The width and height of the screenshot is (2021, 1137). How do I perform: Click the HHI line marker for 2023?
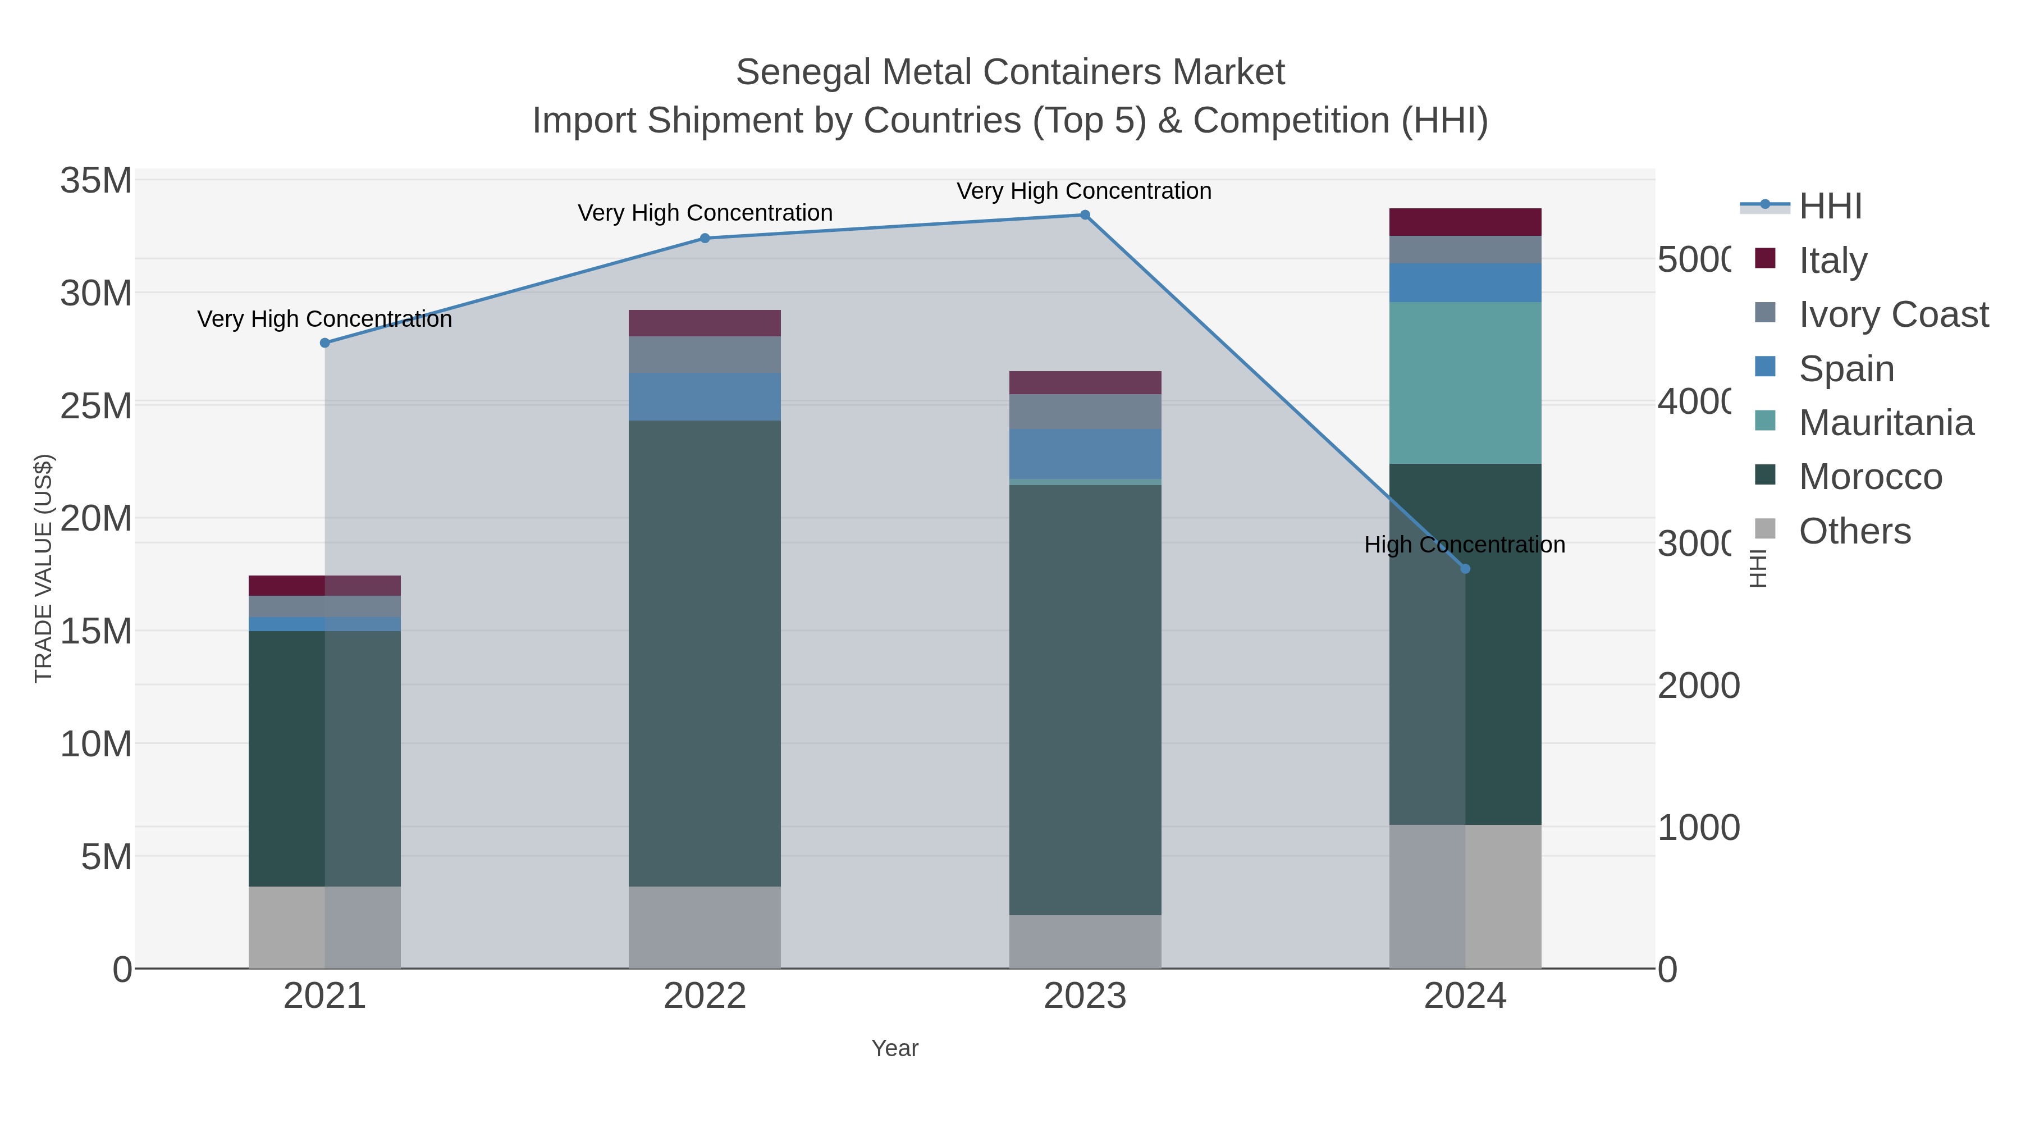tap(1085, 215)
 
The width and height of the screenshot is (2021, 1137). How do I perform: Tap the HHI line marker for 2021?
tap(325, 343)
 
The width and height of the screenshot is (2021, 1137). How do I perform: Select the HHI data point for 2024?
tap(1465, 569)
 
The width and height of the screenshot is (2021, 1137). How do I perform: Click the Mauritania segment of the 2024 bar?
tap(1465, 383)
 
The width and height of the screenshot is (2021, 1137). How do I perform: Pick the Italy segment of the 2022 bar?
tap(705, 323)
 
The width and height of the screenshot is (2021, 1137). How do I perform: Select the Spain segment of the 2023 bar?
tap(1085, 454)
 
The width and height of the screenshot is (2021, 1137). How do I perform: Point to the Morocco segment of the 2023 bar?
tap(1085, 698)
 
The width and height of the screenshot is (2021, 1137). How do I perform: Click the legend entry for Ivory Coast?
tap(1892, 314)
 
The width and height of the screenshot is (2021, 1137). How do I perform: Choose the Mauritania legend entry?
tap(1885, 423)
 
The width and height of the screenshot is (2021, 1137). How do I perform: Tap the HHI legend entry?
tap(1830, 207)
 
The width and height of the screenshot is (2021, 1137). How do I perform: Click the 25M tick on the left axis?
tap(95, 407)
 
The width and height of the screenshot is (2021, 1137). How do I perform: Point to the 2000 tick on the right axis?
tap(1699, 686)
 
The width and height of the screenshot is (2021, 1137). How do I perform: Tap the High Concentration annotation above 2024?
tap(1464, 545)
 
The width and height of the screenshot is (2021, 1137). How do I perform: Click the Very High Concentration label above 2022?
tap(705, 213)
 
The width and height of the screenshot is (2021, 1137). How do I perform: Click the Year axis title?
tap(894, 1048)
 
